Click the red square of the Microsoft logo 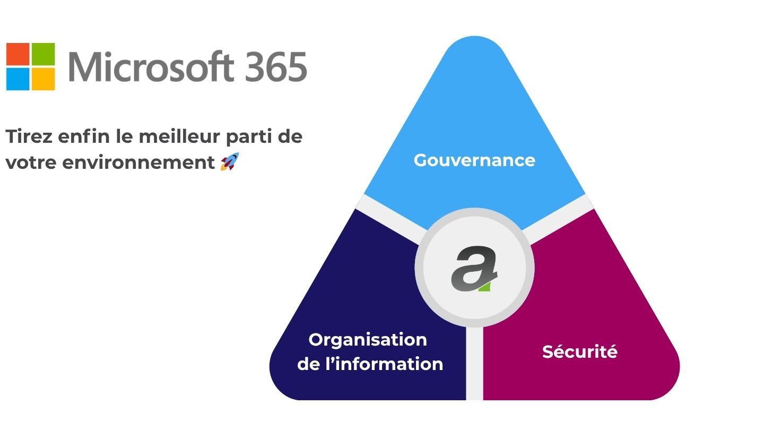pos(18,54)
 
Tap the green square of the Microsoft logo pos(43,54)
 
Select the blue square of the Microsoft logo pos(18,79)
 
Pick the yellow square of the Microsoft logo pos(43,79)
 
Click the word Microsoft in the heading pos(151,66)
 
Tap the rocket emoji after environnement pos(229,161)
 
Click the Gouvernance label pos(474,160)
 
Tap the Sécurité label pos(580,351)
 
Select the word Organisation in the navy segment pos(368,340)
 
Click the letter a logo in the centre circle pos(474,268)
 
